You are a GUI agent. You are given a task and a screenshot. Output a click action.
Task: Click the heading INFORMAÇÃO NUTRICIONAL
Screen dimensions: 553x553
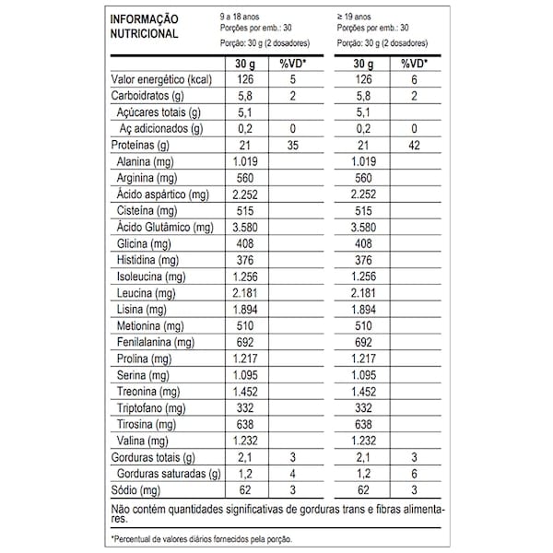click(x=145, y=26)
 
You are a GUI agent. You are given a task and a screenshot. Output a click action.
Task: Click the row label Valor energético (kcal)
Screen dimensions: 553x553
click(x=162, y=80)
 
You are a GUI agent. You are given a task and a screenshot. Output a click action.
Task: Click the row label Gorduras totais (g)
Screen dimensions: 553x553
click(x=153, y=458)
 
